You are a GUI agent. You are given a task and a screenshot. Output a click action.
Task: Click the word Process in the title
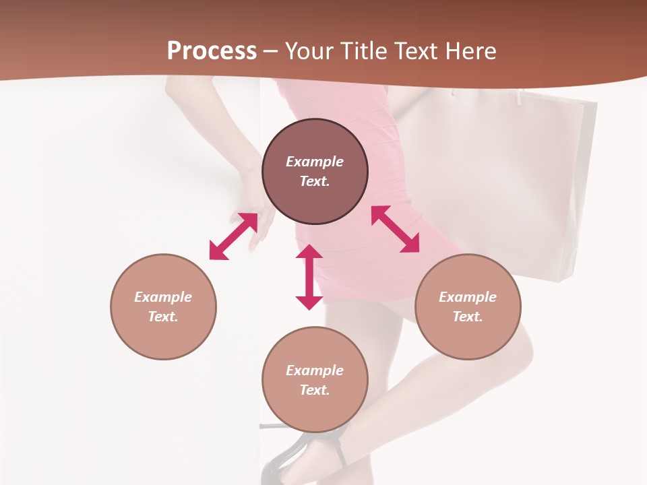point(212,51)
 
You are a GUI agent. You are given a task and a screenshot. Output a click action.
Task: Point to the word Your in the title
point(310,51)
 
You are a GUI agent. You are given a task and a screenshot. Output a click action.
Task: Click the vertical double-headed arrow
point(309,277)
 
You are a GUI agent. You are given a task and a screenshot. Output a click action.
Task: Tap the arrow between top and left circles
point(233,236)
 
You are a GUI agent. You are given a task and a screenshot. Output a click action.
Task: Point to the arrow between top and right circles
point(395,229)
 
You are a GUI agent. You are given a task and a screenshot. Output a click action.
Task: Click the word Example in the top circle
point(315,162)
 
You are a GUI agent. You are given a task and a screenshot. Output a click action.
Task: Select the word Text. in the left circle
point(163,317)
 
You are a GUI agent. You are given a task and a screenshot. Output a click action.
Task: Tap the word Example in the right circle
point(468,297)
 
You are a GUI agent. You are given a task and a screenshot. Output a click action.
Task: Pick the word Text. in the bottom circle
point(315,390)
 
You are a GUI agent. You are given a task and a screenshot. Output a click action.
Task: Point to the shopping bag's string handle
point(520,97)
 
